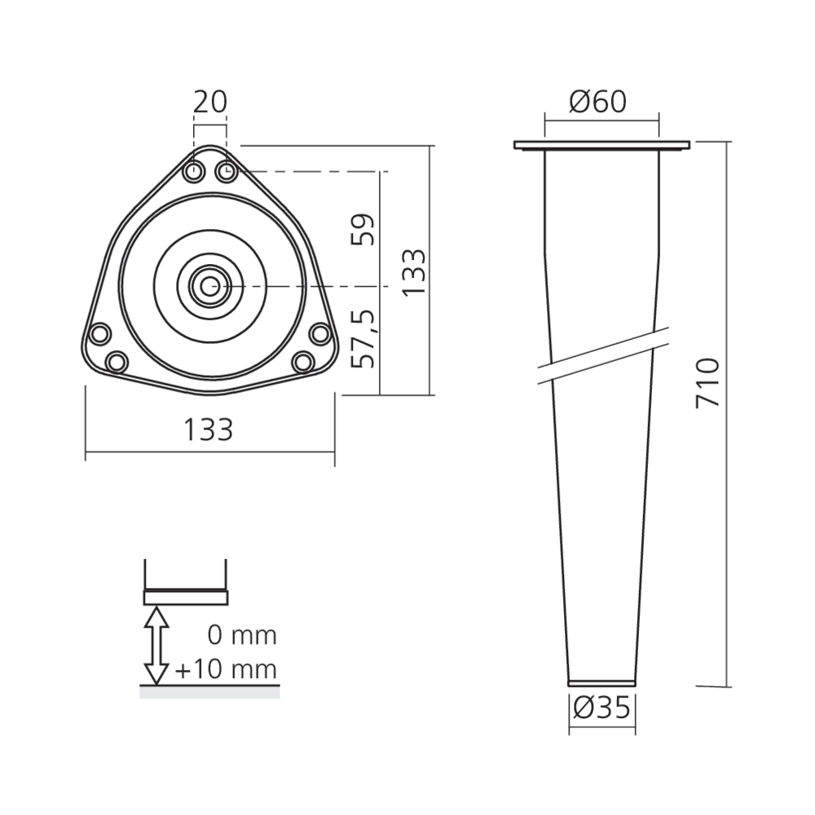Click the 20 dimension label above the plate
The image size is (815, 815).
209,102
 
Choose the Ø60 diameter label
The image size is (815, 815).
599,102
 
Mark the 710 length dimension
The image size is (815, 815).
707,383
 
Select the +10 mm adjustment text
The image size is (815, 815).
226,670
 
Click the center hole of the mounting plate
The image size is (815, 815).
209,285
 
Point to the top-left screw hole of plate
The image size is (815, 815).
194,172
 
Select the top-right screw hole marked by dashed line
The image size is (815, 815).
226,172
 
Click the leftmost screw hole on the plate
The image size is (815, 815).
99,334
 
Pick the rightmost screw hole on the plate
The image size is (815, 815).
320,334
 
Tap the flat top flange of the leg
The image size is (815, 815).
601,146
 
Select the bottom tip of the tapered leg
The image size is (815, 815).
601,681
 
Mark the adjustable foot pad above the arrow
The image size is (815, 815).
186,597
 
